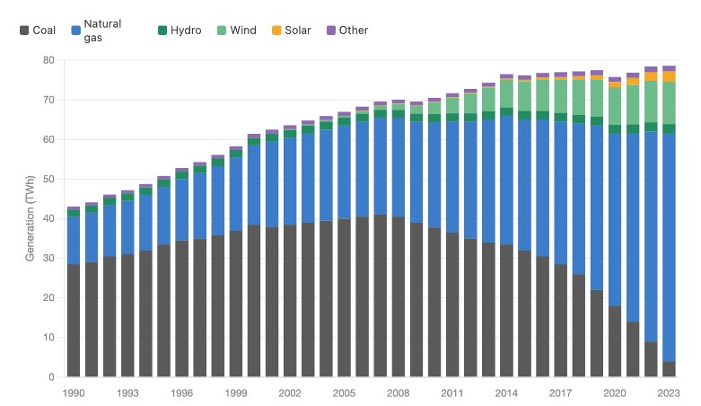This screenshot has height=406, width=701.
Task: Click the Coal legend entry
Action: coord(38,31)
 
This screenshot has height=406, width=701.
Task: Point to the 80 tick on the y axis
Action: coord(49,60)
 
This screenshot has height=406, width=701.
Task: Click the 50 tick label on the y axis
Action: coord(49,180)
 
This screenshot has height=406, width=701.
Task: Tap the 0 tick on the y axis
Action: coord(52,377)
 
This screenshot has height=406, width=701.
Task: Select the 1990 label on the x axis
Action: coord(74,393)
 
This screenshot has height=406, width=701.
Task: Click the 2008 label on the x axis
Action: coord(399,393)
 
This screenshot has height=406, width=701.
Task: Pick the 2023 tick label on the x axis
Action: coord(669,393)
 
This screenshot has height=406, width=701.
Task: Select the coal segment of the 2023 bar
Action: coord(669,369)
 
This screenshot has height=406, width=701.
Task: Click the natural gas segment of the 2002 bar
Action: coord(290,181)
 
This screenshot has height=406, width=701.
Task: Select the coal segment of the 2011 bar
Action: coord(452,304)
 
